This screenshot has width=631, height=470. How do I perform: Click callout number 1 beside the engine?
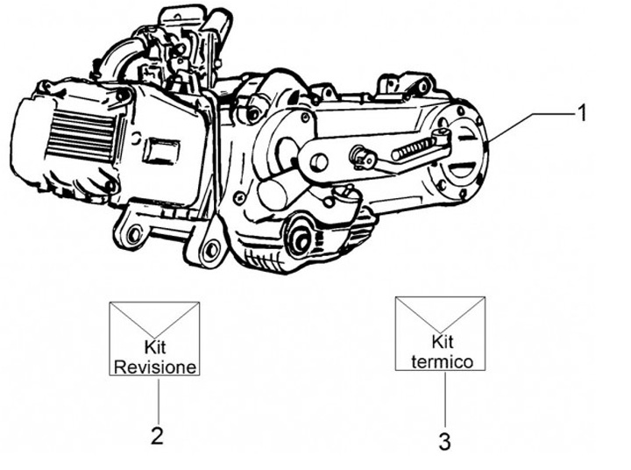point(580,112)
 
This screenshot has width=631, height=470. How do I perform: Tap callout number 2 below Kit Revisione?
point(157,436)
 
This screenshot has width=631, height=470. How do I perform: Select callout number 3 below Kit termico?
point(444,441)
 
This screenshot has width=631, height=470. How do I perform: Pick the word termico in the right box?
point(442,360)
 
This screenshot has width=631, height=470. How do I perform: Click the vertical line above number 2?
point(157,399)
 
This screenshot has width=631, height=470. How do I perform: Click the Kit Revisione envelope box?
point(154,338)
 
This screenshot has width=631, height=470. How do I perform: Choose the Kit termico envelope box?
point(441,331)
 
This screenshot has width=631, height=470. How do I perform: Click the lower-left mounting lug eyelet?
point(132,237)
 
